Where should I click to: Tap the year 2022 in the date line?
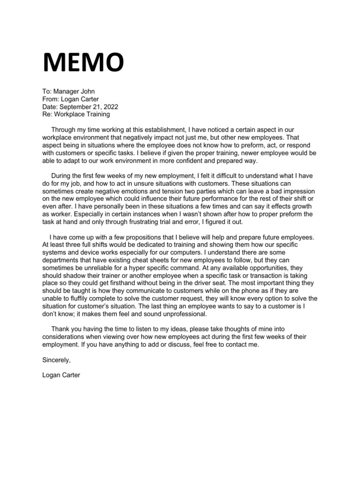101,106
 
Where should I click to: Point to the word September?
74,106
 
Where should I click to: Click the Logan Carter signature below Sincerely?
61,375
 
